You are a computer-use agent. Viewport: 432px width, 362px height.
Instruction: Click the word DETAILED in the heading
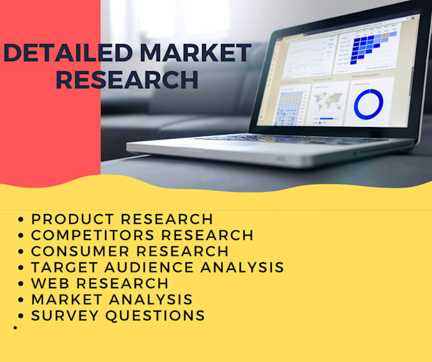(x=69, y=53)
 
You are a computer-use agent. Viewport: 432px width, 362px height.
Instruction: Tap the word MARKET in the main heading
(x=196, y=53)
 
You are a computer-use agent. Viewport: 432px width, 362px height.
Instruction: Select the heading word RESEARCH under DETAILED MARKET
(x=127, y=79)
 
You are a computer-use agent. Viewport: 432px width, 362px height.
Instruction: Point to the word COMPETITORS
(x=93, y=235)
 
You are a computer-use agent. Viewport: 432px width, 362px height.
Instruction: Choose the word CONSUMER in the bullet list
(x=80, y=251)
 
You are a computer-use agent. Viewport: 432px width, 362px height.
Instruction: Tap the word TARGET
(x=64, y=267)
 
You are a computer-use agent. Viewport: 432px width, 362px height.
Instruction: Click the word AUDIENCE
(x=149, y=267)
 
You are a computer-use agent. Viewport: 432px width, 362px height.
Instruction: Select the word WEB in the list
(x=50, y=283)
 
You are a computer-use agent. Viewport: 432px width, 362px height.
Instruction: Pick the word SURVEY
(x=65, y=316)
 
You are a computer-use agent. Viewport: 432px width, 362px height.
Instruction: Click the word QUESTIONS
(x=155, y=316)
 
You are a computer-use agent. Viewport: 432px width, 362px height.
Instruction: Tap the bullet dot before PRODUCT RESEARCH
(x=21, y=220)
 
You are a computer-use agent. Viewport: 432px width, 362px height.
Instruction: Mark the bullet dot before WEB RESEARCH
(x=21, y=283)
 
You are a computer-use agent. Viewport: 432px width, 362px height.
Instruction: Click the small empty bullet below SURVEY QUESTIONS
(x=15, y=328)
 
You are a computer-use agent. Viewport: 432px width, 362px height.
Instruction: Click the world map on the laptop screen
(x=328, y=101)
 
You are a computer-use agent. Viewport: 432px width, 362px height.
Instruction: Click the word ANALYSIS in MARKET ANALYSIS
(x=151, y=300)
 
